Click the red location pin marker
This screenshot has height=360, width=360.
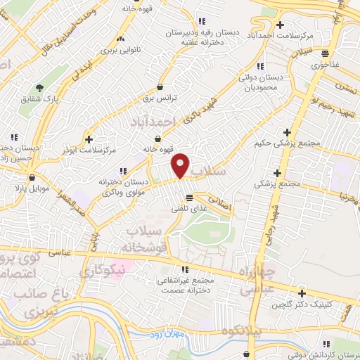pyautogui.click(x=181, y=165)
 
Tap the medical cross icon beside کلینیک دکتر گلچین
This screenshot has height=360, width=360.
pyautogui.click(x=302, y=294)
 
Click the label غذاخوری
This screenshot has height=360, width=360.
pyautogui.click(x=325, y=64)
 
